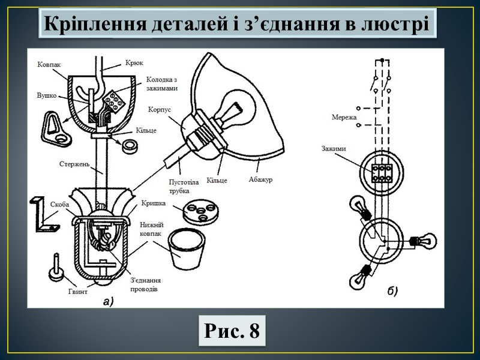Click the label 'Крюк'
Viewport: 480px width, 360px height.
coord(134,62)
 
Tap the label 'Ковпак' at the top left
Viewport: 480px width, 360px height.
coord(49,64)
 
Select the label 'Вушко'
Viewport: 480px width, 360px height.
coord(47,95)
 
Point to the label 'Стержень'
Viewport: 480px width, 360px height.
coord(74,163)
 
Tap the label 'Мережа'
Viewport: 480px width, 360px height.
coord(344,118)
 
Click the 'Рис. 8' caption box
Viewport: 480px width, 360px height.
coord(232,331)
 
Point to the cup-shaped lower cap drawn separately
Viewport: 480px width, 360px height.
coord(186,248)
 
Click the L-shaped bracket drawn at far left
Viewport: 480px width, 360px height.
coord(44,214)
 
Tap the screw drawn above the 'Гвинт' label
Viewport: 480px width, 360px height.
coord(56,268)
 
